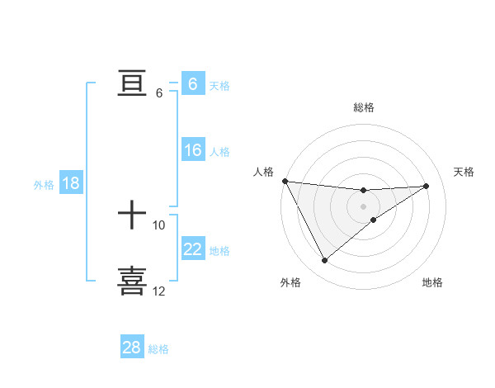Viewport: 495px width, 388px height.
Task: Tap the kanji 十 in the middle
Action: point(132,215)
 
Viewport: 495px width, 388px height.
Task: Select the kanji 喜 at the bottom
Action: point(132,281)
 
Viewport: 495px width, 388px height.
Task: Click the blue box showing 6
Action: point(192,84)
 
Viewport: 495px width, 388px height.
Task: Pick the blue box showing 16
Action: point(192,150)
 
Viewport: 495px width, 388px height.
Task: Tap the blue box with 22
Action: point(192,249)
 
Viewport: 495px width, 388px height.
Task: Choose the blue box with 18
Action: point(71,183)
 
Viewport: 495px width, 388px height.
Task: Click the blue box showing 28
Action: point(132,348)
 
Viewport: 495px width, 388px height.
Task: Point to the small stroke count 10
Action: point(159,225)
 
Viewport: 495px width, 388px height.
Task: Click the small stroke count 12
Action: point(159,291)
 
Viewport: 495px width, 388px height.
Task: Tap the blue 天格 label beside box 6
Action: point(219,86)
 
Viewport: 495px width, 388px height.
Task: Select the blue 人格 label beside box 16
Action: point(219,152)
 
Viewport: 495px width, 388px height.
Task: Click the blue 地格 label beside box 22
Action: point(219,251)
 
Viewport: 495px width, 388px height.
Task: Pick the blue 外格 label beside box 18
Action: point(44,185)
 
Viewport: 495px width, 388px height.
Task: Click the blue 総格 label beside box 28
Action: point(159,349)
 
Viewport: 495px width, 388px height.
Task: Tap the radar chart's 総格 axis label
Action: point(363,107)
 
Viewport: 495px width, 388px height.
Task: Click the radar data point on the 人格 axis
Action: point(285,181)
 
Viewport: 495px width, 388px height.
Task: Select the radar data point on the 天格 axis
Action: point(427,186)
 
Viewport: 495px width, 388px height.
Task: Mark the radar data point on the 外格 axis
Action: point(324,261)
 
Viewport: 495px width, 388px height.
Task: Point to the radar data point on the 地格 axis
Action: point(374,220)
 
